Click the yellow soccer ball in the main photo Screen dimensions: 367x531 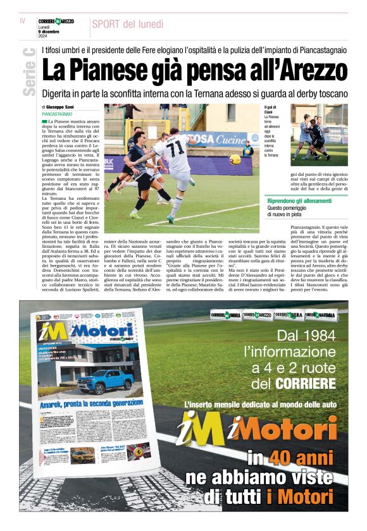pyautogui.click(x=235, y=159)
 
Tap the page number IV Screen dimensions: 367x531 pyautogui.click(x=23, y=21)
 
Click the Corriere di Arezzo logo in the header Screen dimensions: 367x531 pyautogui.click(x=56, y=21)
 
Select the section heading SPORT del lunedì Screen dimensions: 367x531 pyautogui.click(x=128, y=24)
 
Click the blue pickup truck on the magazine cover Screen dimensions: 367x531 pyautogui.click(x=104, y=381)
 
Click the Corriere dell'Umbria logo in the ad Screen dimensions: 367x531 pyautogui.click(x=225, y=315)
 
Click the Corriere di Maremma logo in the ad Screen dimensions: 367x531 pyautogui.click(x=321, y=315)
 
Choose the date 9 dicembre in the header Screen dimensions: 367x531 pyautogui.click(x=51, y=32)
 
